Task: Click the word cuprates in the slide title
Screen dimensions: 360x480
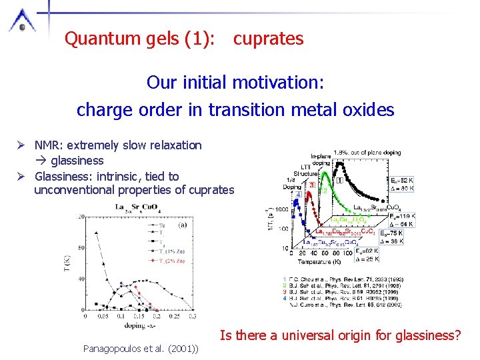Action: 268,39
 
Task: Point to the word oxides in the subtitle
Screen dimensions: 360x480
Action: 367,109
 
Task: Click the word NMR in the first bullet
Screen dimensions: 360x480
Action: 47,145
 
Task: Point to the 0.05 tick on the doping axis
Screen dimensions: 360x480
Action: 102,317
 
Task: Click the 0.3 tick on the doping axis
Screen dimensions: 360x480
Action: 185,317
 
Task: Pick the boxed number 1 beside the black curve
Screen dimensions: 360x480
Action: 340,180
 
